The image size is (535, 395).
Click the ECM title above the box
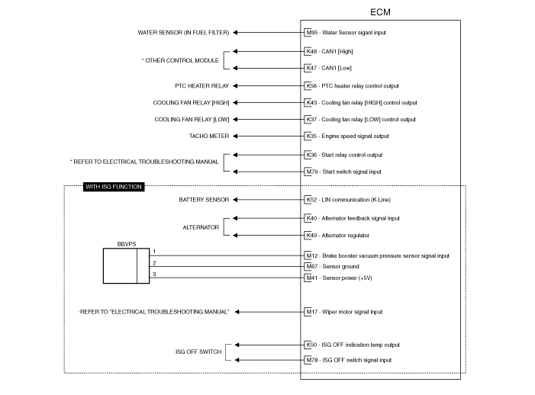pos(380,12)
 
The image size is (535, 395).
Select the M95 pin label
pos(312,32)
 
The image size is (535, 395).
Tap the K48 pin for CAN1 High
pos(311,51)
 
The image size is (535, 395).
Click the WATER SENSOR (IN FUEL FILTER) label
pos(183,32)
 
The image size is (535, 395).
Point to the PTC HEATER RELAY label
pos(202,86)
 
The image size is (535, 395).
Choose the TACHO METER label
pos(209,136)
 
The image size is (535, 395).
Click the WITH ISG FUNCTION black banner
pos(114,187)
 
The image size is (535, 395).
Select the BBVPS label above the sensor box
pos(127,244)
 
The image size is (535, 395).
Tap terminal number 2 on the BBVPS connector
pos(154,263)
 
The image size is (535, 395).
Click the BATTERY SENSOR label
pos(204,200)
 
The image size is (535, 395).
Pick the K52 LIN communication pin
pos(311,200)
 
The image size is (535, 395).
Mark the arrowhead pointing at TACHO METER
pos(235,136)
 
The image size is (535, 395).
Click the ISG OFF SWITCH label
pos(198,352)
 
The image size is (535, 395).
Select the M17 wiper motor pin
pos(312,312)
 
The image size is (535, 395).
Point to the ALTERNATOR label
pos(201,227)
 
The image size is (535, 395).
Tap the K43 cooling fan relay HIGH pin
pos(311,103)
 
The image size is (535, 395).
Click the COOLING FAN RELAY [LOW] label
pos(192,120)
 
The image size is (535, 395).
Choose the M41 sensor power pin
pos(312,278)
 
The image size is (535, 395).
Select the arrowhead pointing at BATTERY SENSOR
pos(235,200)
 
